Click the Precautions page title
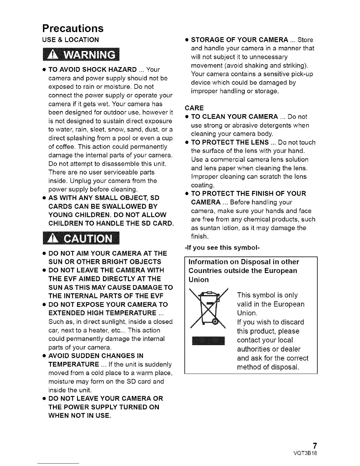coord(73,28)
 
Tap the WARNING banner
coord(79,55)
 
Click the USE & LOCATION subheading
coord(71,40)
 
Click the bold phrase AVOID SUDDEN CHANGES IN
coord(96,356)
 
